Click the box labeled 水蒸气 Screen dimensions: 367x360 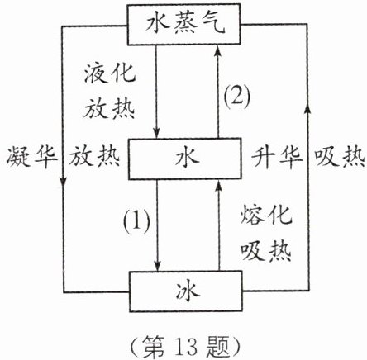pos(183,24)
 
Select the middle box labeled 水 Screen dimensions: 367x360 pos(184,159)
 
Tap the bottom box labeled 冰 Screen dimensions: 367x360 pos(186,291)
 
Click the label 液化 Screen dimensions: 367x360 pos(110,73)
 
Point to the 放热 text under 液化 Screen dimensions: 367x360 pos(110,108)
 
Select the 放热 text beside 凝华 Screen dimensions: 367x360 pos(94,157)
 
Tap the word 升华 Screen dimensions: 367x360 pos(277,158)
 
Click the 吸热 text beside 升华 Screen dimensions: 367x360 pos(340,157)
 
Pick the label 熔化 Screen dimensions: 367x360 pos(266,215)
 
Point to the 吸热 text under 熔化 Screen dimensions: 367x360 pos(266,251)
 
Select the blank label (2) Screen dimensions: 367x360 pos(237,97)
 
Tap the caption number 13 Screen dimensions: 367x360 pos(188,347)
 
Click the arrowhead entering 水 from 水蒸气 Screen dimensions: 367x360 pos(157,132)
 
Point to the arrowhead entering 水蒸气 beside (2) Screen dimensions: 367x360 pos(218,51)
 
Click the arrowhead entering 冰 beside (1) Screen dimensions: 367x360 pos(157,266)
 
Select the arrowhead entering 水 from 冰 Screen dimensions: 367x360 pos(219,186)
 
